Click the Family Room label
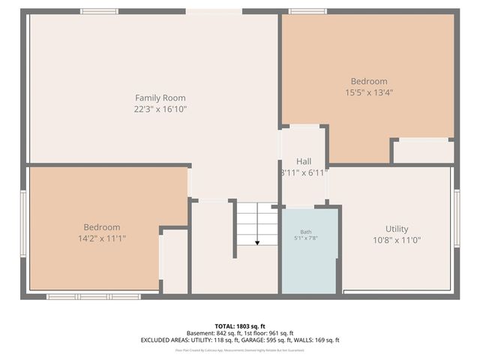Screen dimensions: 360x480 [x=160, y=97]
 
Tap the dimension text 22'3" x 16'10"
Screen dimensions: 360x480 [x=160, y=109]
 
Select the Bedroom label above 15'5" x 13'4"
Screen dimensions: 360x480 [x=369, y=81]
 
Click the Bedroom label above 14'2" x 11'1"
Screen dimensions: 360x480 [x=101, y=227]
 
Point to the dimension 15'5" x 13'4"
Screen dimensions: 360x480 [x=369, y=92]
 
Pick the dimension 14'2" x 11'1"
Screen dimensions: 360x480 [x=101, y=238]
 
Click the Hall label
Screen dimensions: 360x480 [x=304, y=161]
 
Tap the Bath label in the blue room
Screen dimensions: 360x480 [x=306, y=232]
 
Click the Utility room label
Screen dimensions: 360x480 [x=397, y=229]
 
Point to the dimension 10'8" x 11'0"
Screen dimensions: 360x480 [x=397, y=240]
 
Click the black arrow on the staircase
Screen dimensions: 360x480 [x=257, y=241]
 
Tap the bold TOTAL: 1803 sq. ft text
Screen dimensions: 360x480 [x=240, y=326]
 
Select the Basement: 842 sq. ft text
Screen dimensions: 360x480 [x=214, y=333]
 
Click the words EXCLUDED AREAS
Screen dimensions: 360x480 [x=163, y=340]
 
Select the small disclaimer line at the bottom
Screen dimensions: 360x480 [x=240, y=349]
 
